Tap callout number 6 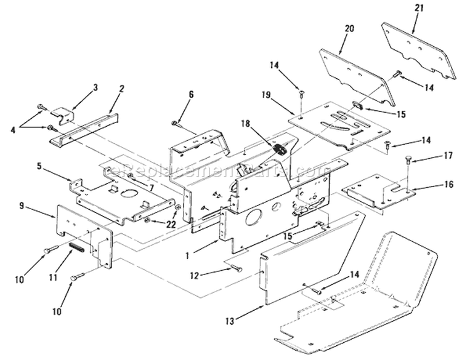191,94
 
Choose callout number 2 122,88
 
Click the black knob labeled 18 277,148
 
